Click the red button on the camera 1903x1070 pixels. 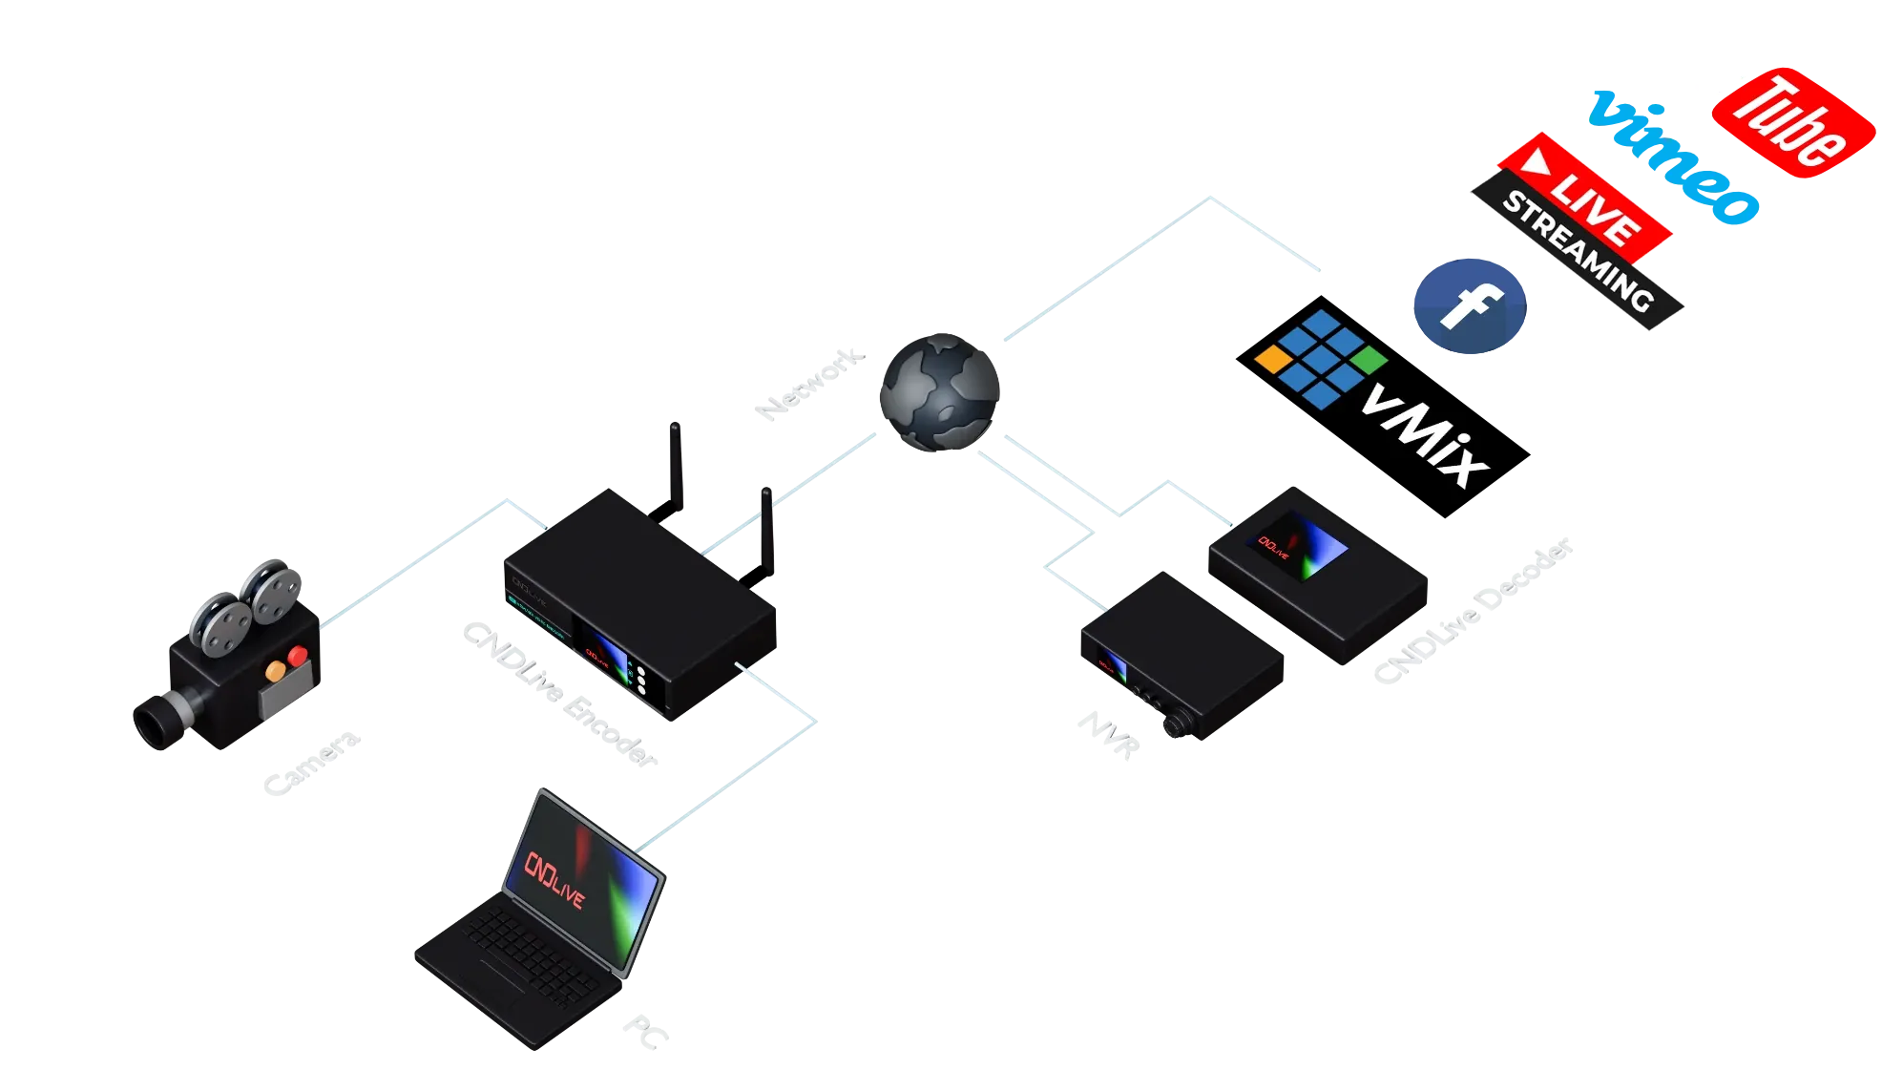298,656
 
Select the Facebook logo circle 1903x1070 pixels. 1470,306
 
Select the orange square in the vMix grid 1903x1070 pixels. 1271,359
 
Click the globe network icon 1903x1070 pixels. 939,391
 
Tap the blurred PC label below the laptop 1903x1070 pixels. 645,1031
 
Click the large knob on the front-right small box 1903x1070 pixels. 1172,727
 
